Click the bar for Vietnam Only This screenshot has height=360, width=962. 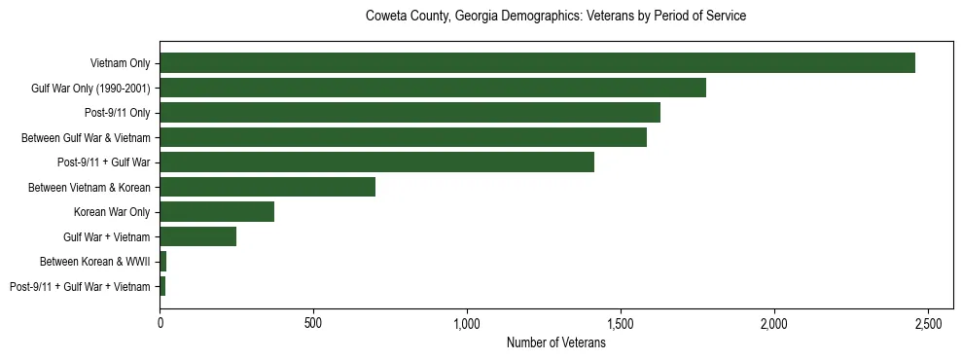coord(537,63)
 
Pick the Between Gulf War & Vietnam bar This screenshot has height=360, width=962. coord(403,137)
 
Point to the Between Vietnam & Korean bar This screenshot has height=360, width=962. coord(267,187)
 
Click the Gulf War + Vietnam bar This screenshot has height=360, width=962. coord(198,236)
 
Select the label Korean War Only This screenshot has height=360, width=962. coord(112,212)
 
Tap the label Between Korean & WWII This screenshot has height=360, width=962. coord(95,262)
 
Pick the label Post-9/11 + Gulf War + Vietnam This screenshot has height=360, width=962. coord(80,286)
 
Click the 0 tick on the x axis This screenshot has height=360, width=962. coord(160,321)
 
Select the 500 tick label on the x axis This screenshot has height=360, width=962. coord(313,321)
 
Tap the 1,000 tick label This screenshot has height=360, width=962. coord(467,321)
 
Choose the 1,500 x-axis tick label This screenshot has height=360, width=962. coord(621,321)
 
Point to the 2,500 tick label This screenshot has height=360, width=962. coord(928,321)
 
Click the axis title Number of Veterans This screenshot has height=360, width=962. coord(555,342)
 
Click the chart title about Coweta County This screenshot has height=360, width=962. coord(555,17)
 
